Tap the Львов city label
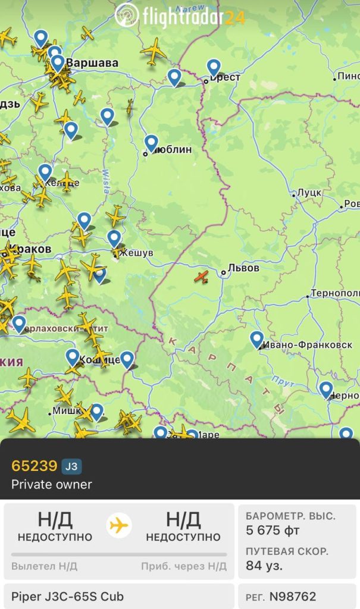click(x=243, y=268)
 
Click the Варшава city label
click(x=92, y=62)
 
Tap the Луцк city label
click(x=309, y=193)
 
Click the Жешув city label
click(x=136, y=253)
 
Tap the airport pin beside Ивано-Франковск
click(x=256, y=340)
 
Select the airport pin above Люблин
click(x=151, y=143)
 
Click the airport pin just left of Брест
click(x=174, y=77)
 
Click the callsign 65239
click(x=35, y=466)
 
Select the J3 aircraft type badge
click(x=71, y=466)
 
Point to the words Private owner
click(x=52, y=484)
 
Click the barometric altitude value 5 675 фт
click(x=273, y=530)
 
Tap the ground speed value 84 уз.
click(x=264, y=565)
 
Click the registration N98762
click(x=293, y=596)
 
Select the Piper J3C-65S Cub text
click(x=67, y=596)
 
